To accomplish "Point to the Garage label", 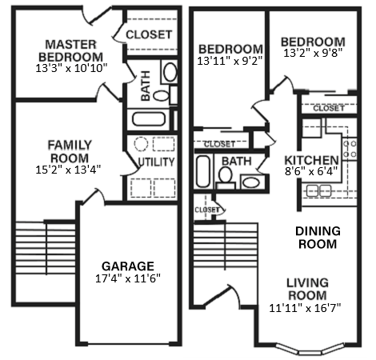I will coord(127,266).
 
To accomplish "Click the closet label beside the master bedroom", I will coord(150,34).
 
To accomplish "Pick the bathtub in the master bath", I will coord(148,120).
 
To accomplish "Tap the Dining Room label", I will coord(318,238).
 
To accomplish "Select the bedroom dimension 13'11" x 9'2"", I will coord(230,60).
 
